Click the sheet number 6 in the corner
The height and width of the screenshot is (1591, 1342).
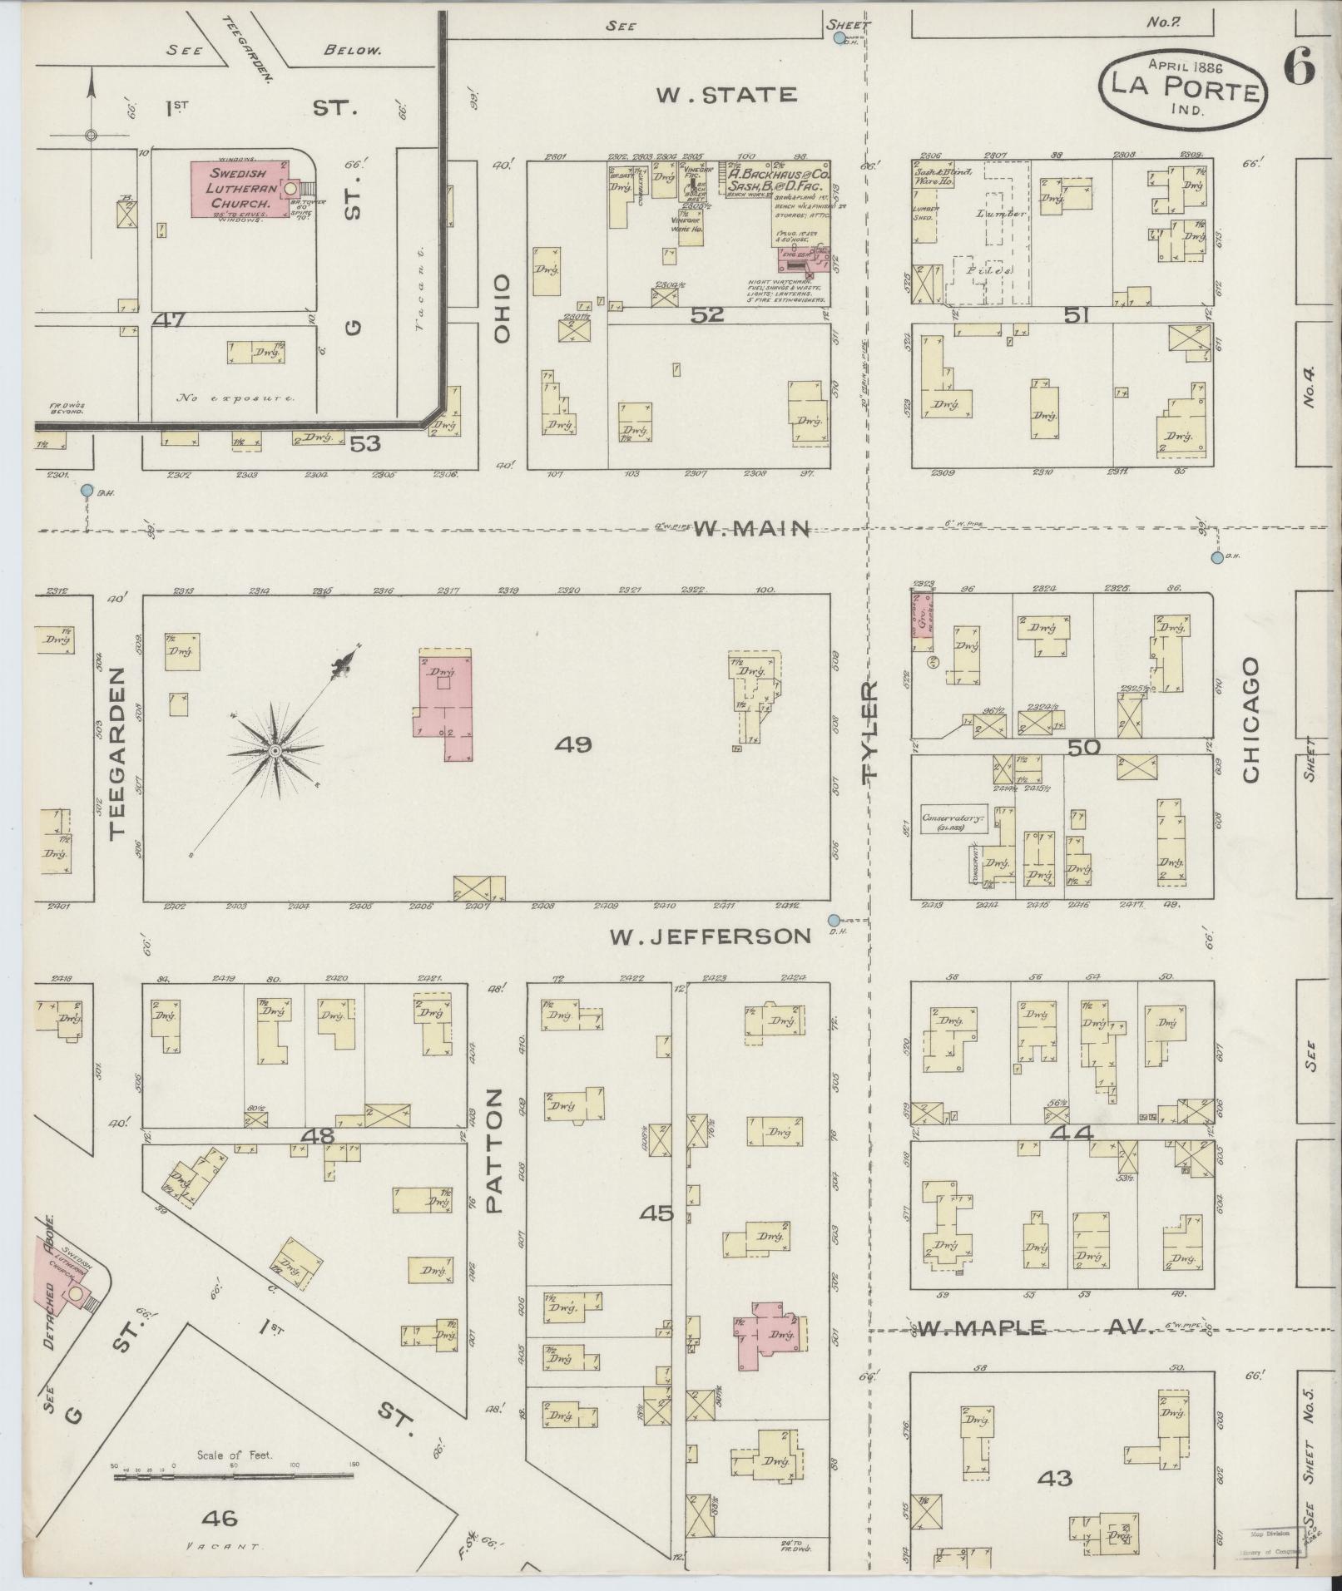[x=1300, y=67]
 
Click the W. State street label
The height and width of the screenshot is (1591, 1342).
[x=725, y=94]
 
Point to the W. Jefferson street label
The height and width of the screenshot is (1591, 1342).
[x=710, y=936]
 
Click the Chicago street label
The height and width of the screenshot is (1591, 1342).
[x=1250, y=720]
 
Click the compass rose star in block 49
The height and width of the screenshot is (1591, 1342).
[x=275, y=751]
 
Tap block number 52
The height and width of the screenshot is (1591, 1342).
[x=708, y=315]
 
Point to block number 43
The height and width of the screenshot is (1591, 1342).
[x=1056, y=1478]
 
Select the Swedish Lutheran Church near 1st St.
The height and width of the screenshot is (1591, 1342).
[x=240, y=190]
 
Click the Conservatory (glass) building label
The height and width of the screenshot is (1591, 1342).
[x=953, y=821]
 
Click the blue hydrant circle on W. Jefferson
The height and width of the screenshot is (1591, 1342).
[x=834, y=920]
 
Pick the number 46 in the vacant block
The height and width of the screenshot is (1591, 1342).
[x=220, y=1519]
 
